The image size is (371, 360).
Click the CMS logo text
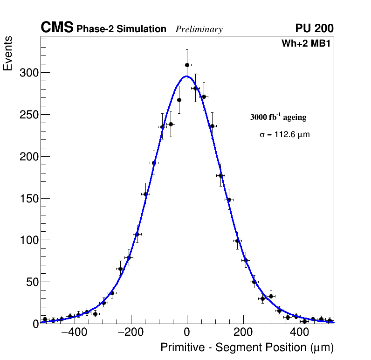tap(57, 28)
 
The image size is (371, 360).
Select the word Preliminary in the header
tap(199, 29)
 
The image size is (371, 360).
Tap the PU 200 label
tap(314, 28)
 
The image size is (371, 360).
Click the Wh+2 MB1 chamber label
tap(306, 44)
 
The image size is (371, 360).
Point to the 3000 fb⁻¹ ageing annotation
tap(278, 117)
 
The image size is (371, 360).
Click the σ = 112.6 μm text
tap(284, 134)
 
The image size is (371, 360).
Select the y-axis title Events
tap(8, 53)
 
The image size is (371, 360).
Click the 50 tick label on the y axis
tap(31, 282)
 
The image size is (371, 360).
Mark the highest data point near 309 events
tap(187, 65)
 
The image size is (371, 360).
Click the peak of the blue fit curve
tap(186, 76)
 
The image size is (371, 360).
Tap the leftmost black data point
tap(45, 319)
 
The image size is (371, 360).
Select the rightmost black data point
tap(330, 320)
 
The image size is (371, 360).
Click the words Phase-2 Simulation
tap(121, 29)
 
